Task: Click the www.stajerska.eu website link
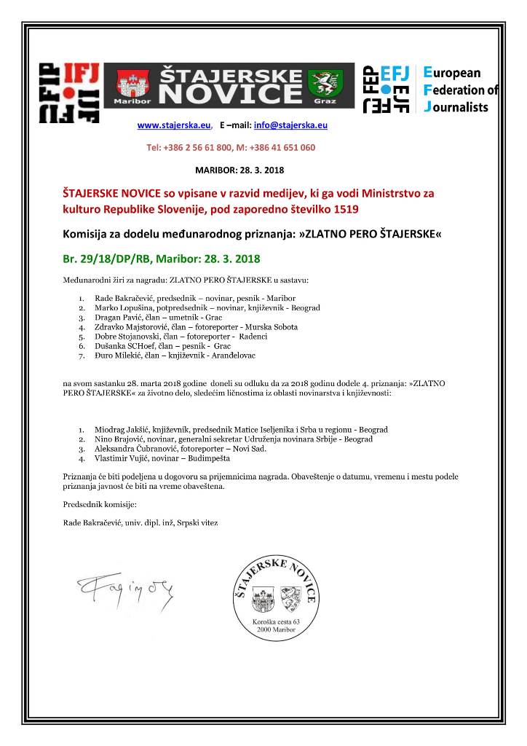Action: pyautogui.click(x=174, y=125)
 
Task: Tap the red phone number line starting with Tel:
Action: pyautogui.click(x=231, y=147)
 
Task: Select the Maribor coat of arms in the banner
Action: pyautogui.click(x=127, y=85)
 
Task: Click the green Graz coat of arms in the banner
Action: pyautogui.click(x=323, y=83)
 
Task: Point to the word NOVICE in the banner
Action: pyautogui.click(x=229, y=93)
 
